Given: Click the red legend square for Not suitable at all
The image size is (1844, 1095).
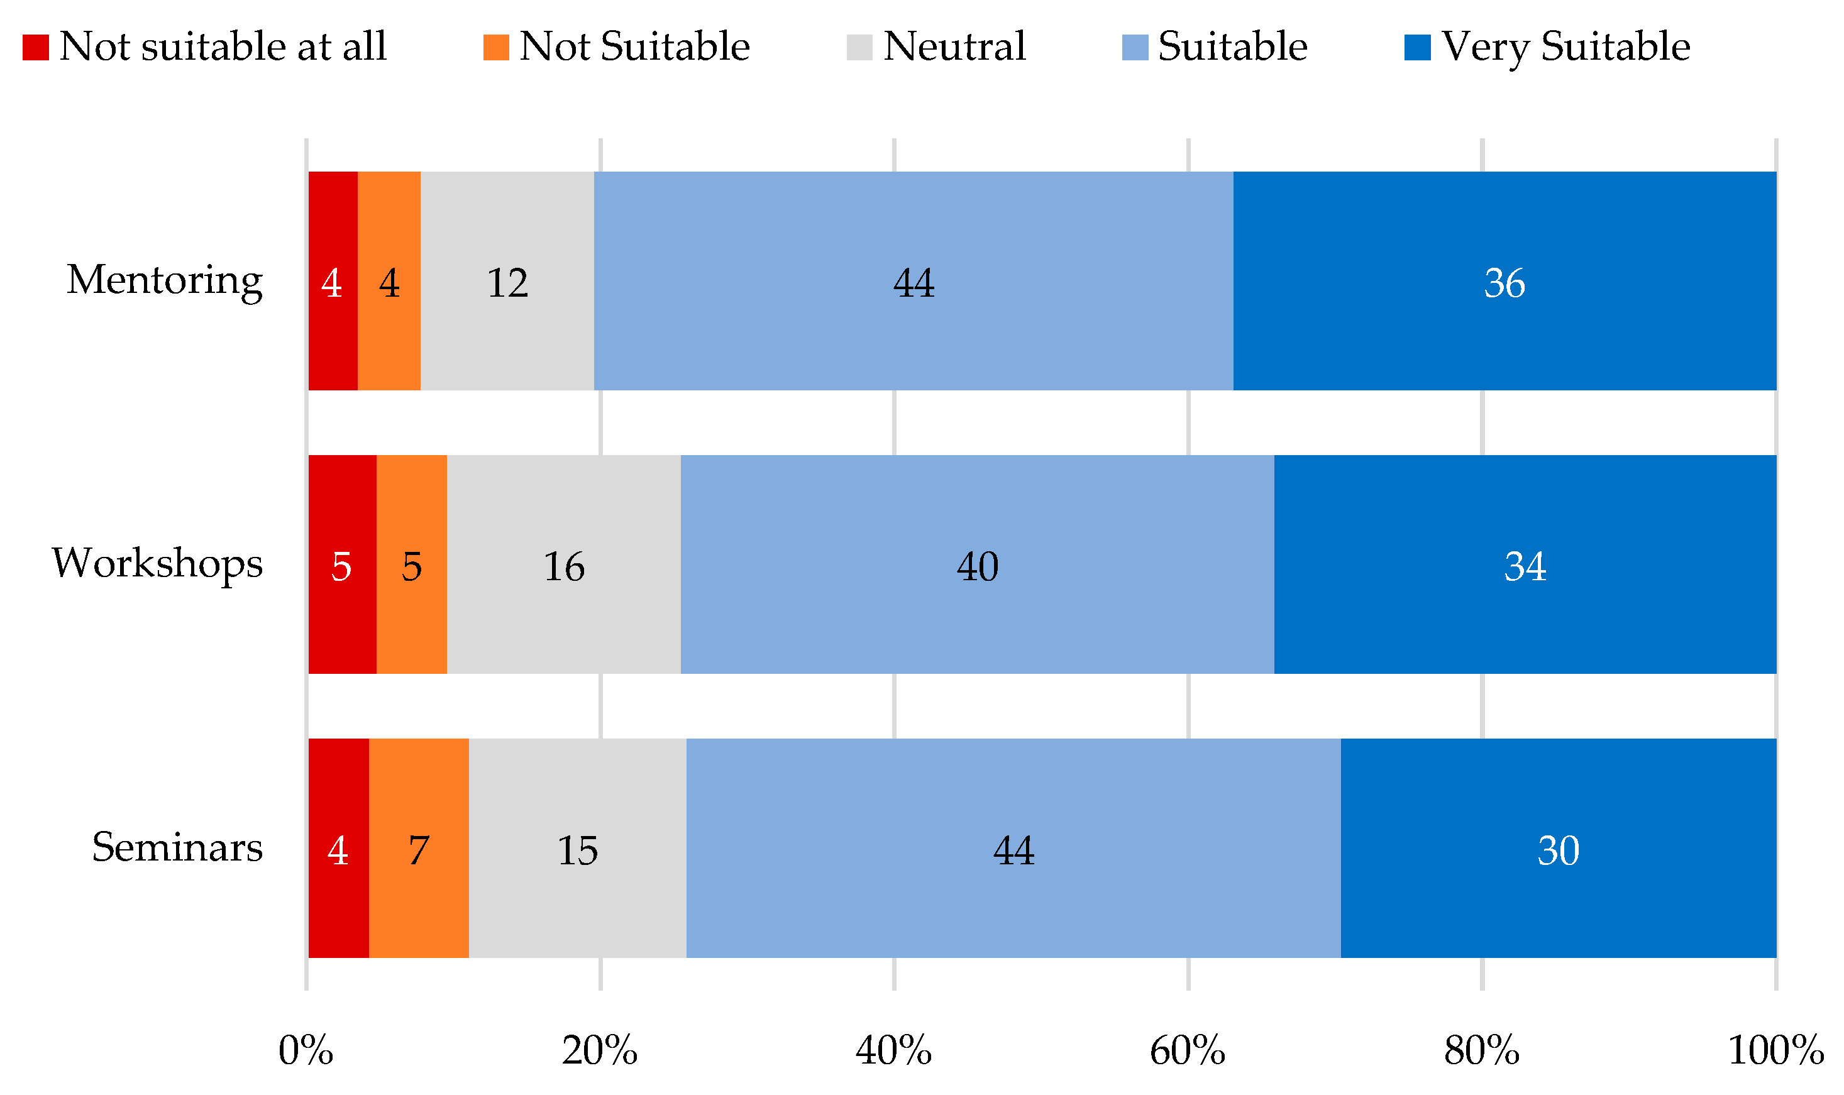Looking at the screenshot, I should point(35,47).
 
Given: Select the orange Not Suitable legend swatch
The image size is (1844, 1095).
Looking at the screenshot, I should point(496,47).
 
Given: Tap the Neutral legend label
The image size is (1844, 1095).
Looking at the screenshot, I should point(954,47).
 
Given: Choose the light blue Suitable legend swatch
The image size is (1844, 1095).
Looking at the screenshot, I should point(1135,47).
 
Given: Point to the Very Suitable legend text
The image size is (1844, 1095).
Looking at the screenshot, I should point(1565,47).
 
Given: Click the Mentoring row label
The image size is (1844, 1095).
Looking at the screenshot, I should point(164,280).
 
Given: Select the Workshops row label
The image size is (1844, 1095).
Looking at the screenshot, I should point(157,564).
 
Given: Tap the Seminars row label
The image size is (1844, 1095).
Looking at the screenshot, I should point(177,847).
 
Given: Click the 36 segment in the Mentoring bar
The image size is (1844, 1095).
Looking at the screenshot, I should point(1504,281).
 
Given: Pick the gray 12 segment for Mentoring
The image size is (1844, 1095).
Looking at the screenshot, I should point(507,281).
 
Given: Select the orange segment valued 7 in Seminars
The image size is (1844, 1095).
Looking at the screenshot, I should point(418,849).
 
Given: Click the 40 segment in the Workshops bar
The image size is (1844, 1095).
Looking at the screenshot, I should point(977,564).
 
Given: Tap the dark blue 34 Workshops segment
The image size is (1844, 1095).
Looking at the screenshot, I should point(1525,564).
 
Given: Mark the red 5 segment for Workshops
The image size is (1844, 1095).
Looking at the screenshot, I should point(341,564).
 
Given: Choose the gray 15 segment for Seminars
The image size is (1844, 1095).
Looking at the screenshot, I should point(577,849).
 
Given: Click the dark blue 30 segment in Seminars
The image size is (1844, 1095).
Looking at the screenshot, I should point(1558,849).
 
